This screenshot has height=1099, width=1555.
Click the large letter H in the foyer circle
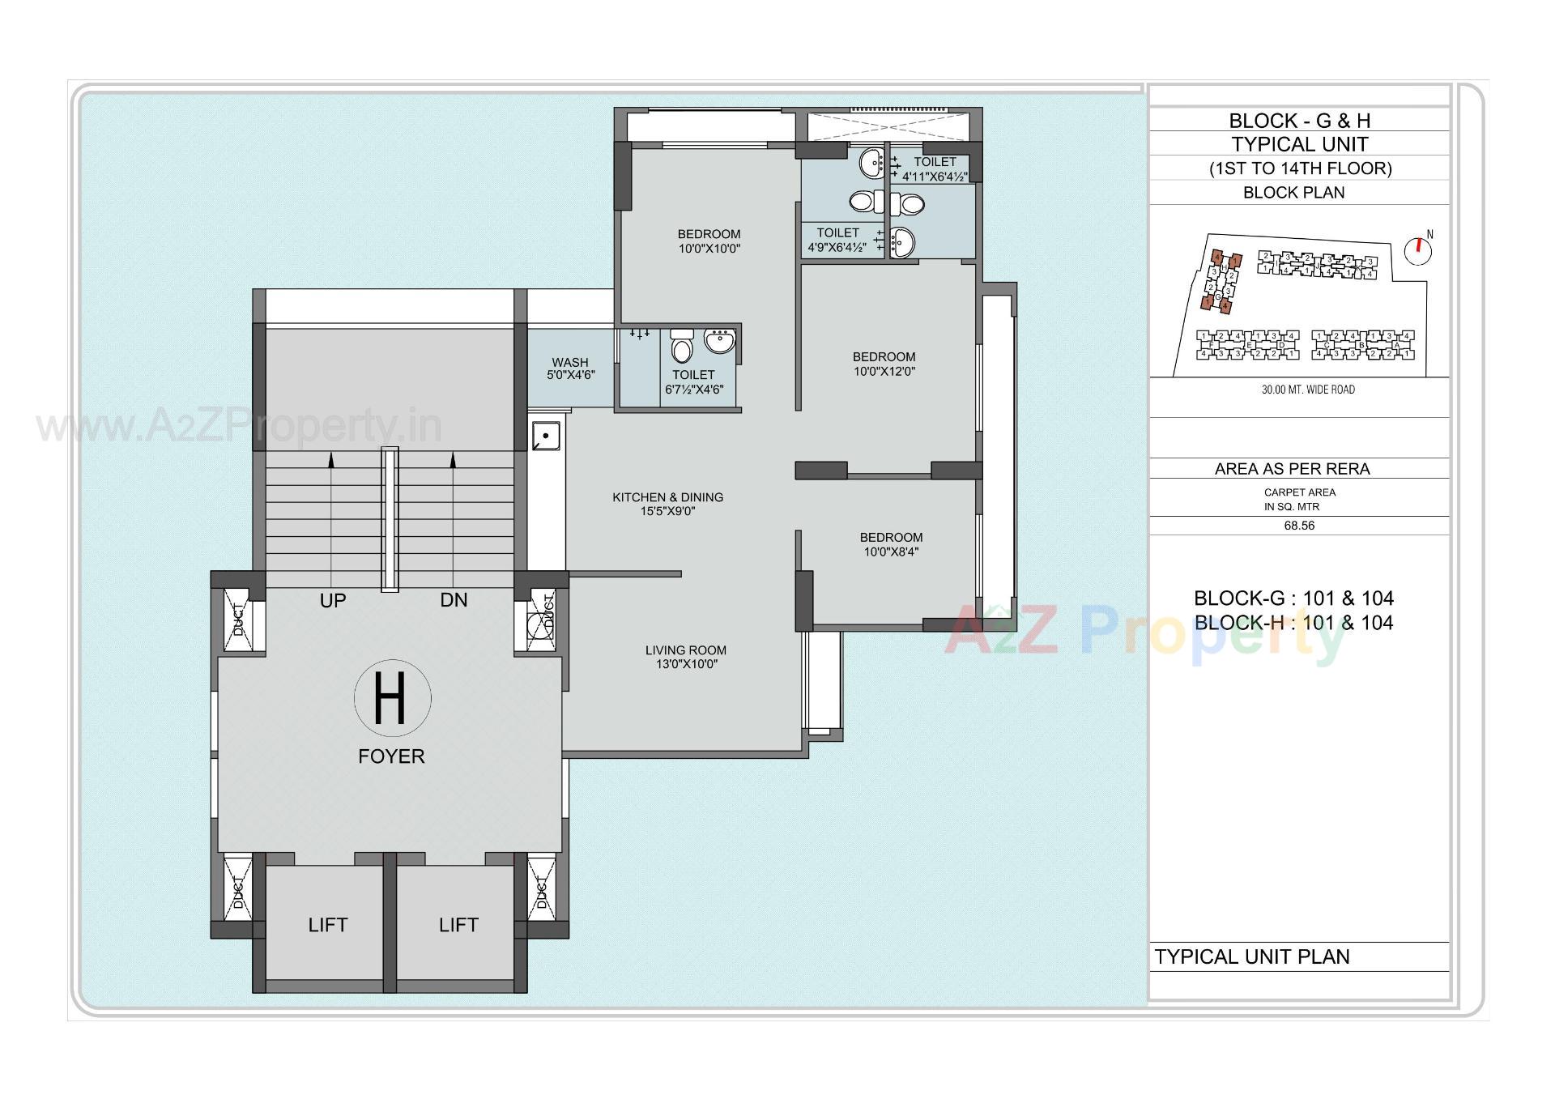(391, 697)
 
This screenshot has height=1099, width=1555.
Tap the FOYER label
(391, 756)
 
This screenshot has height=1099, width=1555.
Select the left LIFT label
(327, 925)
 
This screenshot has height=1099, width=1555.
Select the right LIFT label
(458, 925)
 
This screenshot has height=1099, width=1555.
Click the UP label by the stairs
(332, 600)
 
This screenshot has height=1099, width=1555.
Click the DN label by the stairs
(454, 600)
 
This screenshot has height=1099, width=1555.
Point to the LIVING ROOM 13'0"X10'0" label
(685, 657)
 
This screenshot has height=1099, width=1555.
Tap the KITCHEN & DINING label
(667, 504)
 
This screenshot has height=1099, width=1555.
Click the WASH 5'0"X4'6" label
(570, 368)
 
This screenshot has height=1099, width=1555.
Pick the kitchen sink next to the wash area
(545, 437)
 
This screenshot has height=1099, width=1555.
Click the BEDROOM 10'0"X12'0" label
(884, 364)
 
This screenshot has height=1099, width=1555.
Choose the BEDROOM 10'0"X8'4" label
(891, 544)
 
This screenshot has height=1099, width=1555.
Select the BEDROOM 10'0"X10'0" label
(709, 241)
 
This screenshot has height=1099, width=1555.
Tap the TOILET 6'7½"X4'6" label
(693, 381)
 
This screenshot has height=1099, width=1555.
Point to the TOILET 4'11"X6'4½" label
(935, 168)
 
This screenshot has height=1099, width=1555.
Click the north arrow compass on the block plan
(1417, 249)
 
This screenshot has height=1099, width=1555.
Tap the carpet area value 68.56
(1299, 526)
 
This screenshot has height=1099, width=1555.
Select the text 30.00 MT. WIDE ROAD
(1307, 390)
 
